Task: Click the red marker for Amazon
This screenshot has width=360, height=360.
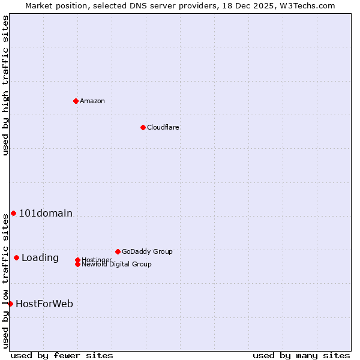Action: [76, 101]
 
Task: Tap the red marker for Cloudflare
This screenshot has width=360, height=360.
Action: [143, 127]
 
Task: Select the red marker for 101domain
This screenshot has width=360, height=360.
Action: [13, 214]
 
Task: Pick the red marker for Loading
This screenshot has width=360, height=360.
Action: [16, 258]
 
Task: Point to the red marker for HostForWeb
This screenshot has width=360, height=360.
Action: [10, 304]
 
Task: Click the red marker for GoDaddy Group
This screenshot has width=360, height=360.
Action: [118, 251]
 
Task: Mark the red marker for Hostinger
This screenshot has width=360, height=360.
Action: [77, 260]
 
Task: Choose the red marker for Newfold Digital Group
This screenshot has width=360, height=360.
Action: [77, 265]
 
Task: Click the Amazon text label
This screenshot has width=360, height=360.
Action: [92, 101]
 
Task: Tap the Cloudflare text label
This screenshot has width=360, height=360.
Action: [163, 127]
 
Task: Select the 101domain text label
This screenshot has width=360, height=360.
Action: [46, 214]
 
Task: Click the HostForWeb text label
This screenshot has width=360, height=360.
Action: [44, 304]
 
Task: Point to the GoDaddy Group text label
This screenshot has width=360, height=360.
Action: [147, 251]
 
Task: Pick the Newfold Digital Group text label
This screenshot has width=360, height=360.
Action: [117, 265]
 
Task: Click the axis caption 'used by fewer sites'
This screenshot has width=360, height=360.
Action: [62, 355]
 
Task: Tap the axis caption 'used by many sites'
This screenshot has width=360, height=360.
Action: [301, 355]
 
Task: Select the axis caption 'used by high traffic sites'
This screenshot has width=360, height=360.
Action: [6, 85]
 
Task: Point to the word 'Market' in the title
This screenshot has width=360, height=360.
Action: [39, 5]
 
